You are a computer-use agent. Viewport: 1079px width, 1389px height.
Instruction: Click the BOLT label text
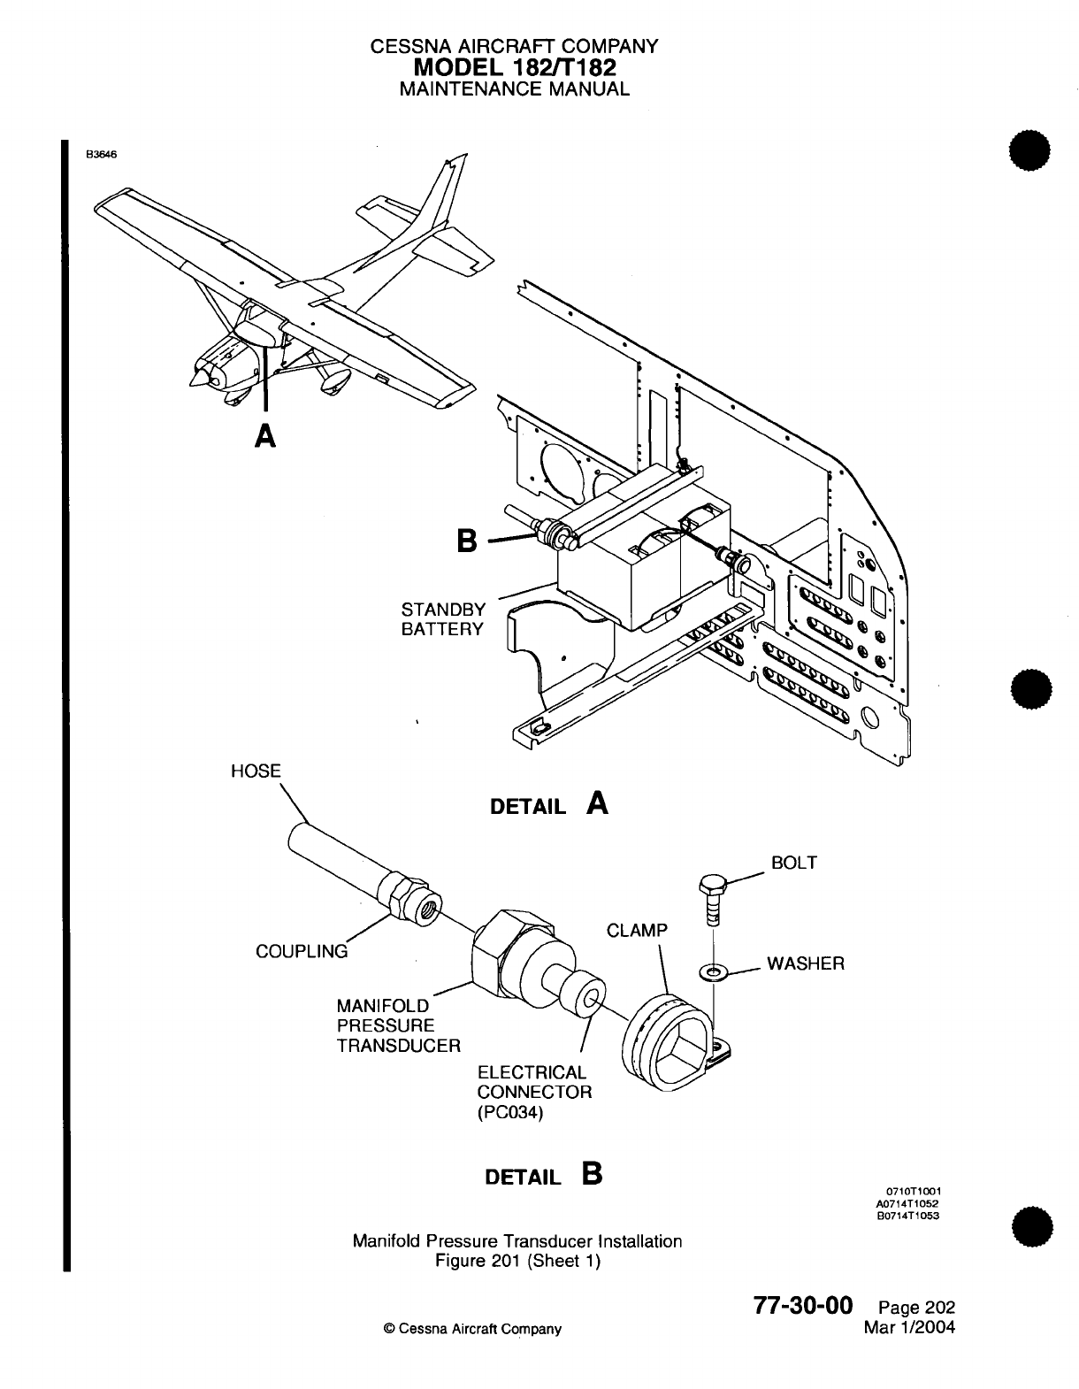point(794,863)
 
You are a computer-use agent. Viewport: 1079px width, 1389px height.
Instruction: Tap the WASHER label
point(805,963)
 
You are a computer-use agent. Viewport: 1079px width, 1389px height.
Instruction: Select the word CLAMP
point(637,931)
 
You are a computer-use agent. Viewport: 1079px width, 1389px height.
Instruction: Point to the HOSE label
point(255,771)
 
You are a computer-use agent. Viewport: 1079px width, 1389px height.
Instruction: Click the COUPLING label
point(302,952)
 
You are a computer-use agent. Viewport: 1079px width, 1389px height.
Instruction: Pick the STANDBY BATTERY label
point(443,619)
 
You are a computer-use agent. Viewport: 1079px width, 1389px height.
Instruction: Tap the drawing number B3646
point(101,152)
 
